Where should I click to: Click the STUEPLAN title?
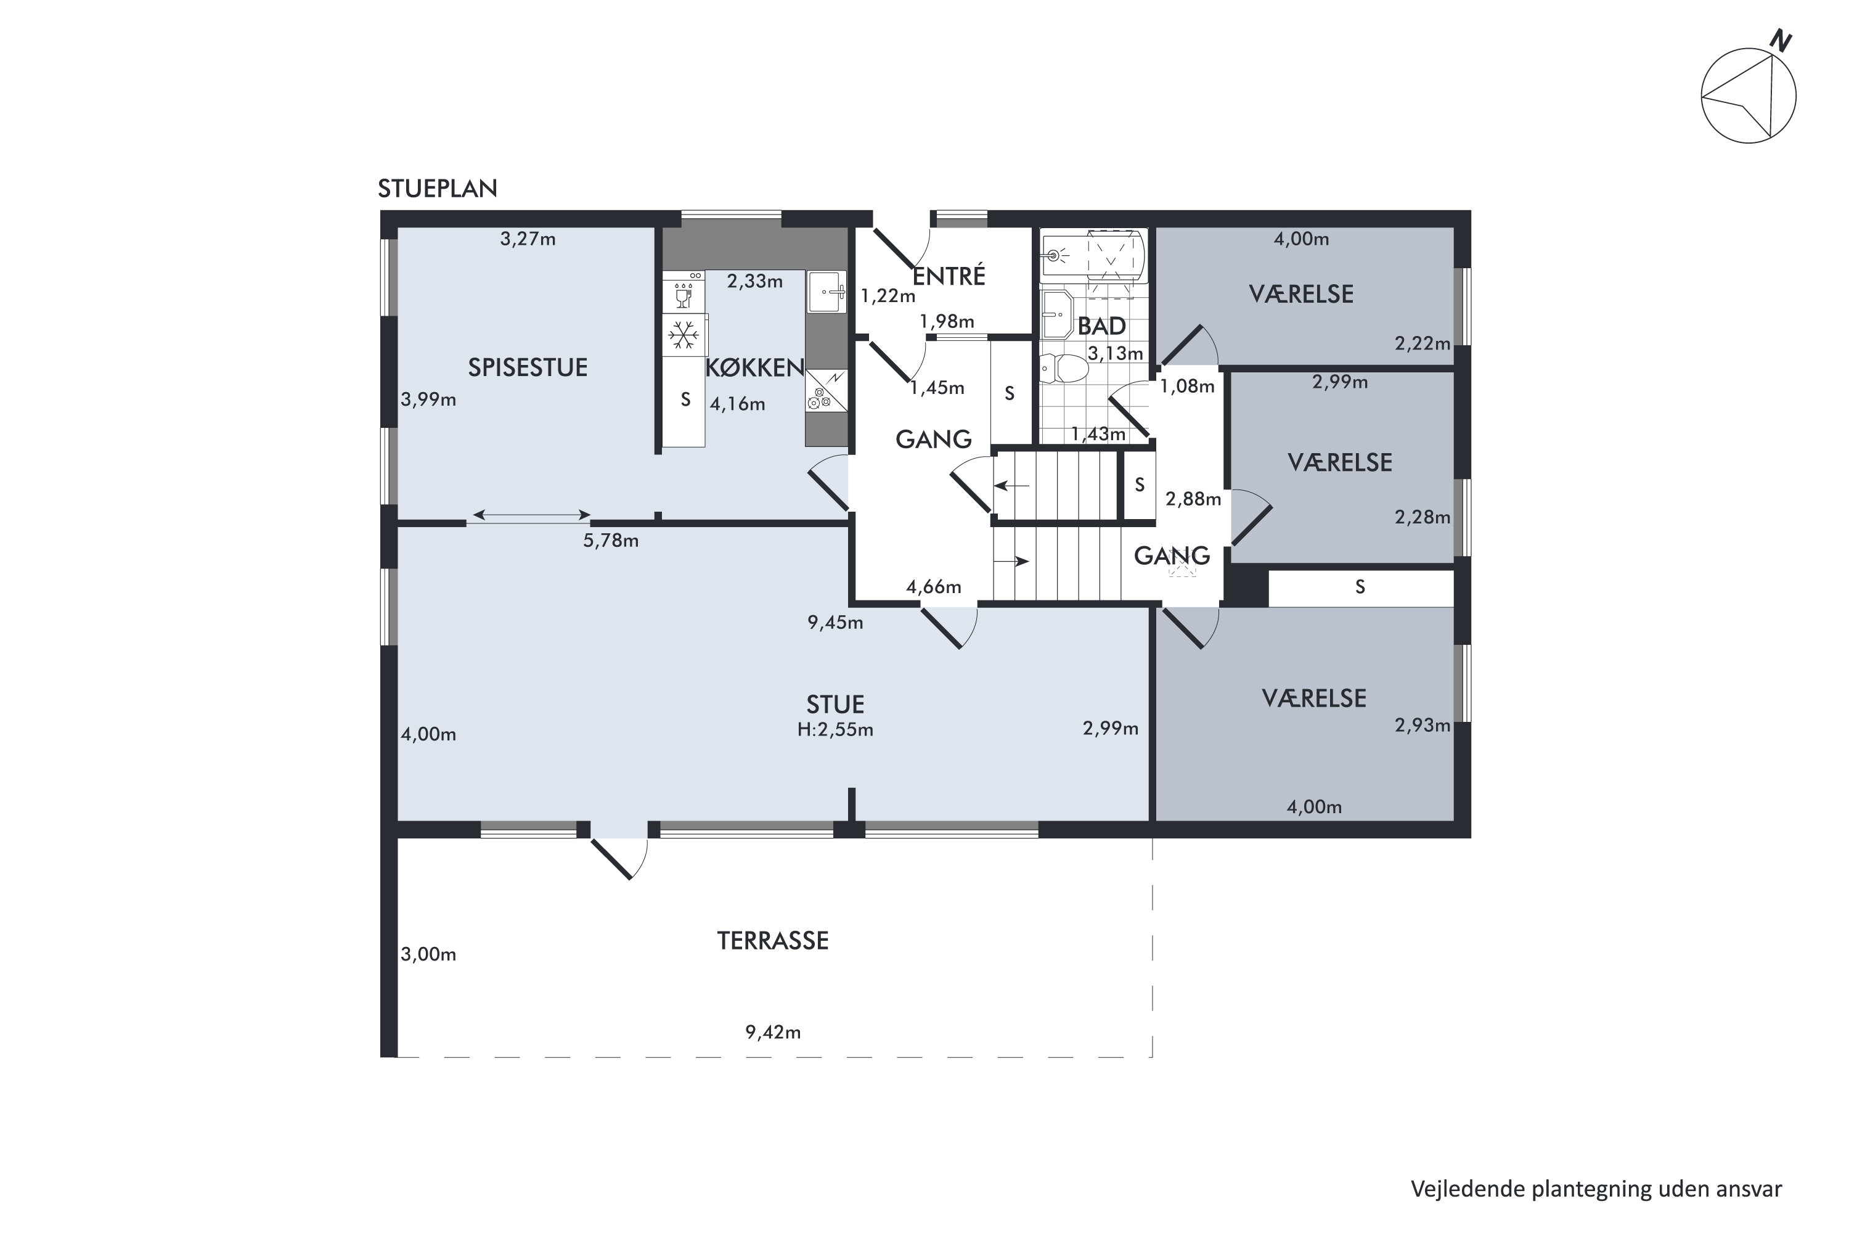(437, 189)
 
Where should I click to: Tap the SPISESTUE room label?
(528, 367)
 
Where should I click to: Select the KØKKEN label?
(754, 367)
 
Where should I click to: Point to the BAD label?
(1101, 326)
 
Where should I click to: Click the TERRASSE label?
(773, 941)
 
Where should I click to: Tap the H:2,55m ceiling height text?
(835, 730)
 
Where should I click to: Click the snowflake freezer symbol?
(684, 336)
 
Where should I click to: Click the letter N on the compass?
(1780, 41)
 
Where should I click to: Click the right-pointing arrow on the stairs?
(1012, 562)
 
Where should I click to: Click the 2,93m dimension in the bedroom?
(1422, 725)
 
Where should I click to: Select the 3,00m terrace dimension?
(428, 954)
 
